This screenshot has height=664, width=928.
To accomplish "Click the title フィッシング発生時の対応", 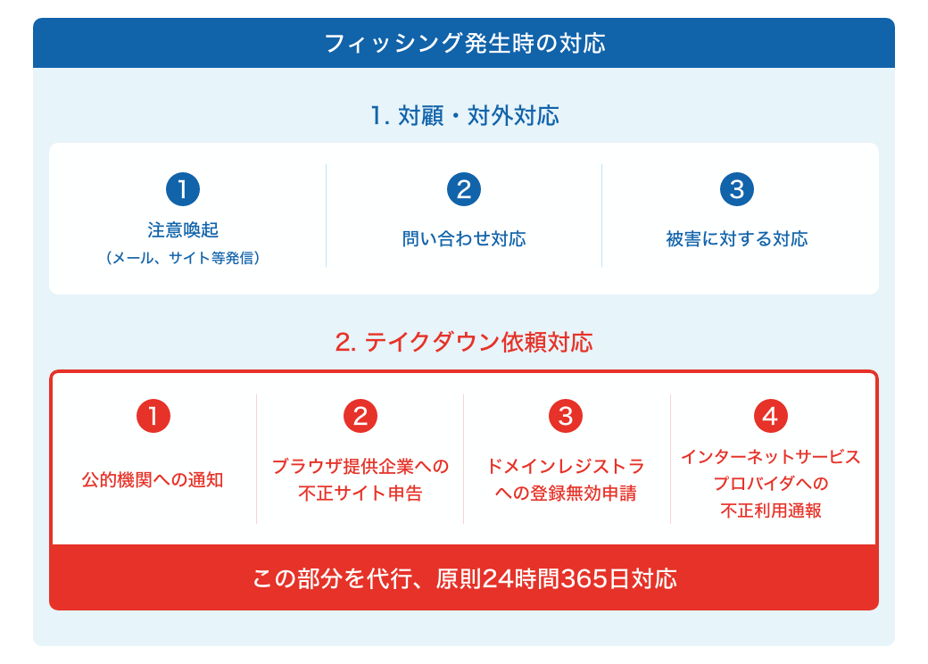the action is [x=465, y=43].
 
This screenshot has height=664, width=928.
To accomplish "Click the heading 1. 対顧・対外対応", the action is [x=465, y=115].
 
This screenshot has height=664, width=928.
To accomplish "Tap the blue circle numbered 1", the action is [x=183, y=189].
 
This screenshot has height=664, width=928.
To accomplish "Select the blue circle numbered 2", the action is [x=464, y=189].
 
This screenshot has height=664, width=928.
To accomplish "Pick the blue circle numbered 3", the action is [x=737, y=189].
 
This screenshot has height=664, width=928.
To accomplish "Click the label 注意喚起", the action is [x=183, y=229].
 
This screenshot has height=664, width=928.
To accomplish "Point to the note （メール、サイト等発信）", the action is [x=183, y=258].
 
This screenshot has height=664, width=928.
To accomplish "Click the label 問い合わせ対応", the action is [x=464, y=239].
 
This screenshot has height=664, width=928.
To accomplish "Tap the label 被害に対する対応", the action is [x=737, y=239].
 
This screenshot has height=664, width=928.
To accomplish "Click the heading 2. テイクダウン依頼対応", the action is [x=464, y=342].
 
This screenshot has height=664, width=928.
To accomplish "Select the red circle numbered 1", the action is [x=153, y=416].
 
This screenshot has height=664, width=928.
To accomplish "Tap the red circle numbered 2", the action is [x=360, y=416].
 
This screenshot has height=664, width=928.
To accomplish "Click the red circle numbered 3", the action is [x=566, y=416].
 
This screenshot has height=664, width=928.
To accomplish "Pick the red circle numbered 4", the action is [x=771, y=416].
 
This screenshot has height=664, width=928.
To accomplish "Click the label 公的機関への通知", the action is [x=153, y=480].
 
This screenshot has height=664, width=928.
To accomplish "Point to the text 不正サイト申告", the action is [x=360, y=494].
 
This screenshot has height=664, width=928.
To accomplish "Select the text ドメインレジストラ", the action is [x=566, y=467].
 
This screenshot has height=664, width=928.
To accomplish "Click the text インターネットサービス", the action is [x=771, y=457].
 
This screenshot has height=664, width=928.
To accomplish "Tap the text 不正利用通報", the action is [x=771, y=510].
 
